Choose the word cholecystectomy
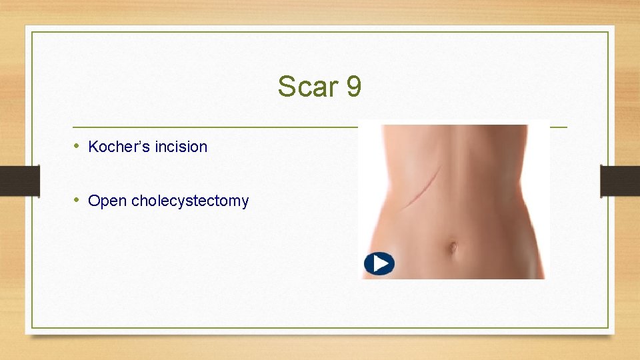(x=190, y=201)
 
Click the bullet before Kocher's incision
(x=77, y=146)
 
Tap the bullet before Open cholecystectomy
(x=77, y=200)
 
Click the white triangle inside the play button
(x=380, y=264)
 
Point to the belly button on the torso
(x=453, y=247)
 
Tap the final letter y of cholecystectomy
(x=245, y=203)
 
